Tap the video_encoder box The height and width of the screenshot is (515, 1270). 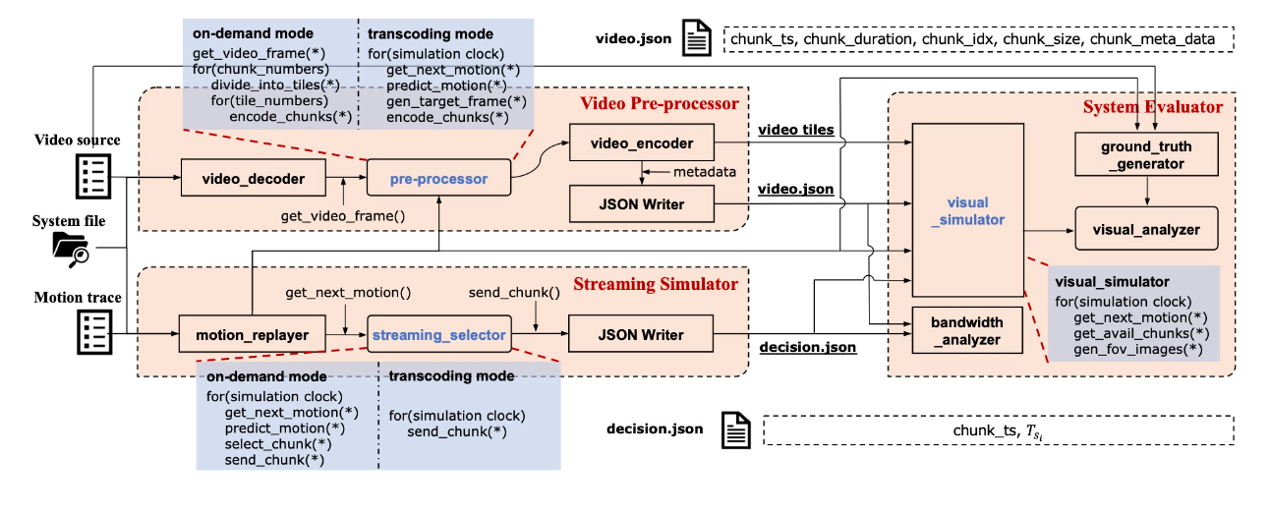coord(642,143)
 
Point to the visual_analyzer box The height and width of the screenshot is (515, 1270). coord(1146,229)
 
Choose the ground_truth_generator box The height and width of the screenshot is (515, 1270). coord(1146,155)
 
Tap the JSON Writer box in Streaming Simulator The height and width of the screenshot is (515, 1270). coord(642,335)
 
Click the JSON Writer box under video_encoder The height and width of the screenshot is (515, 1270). coord(642,204)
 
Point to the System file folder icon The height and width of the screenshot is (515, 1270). coord(71,250)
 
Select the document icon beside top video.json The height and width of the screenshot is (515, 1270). coord(697,40)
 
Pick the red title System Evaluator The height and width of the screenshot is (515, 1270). coord(1153,106)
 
